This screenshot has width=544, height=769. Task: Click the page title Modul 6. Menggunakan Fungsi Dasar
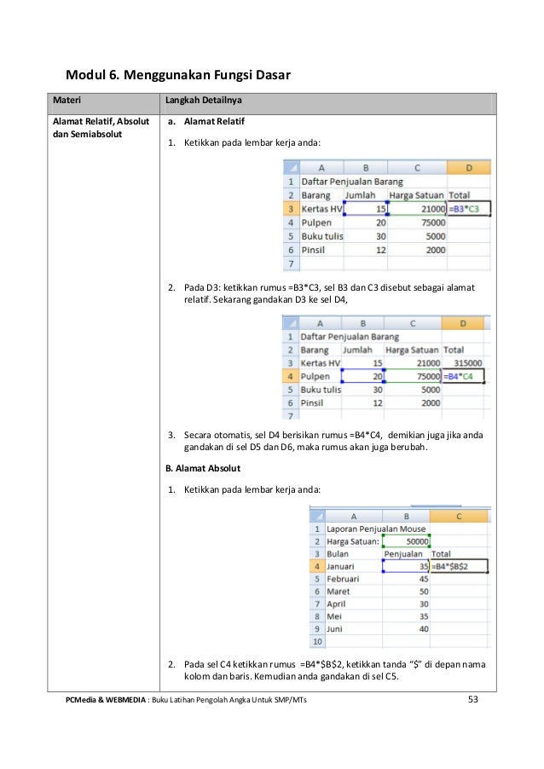[x=179, y=75]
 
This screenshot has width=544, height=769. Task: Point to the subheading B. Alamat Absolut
[x=203, y=468]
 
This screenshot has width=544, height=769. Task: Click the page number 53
[x=476, y=701]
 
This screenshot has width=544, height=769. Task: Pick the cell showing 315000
[x=466, y=362]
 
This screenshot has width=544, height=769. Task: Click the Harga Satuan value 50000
[x=406, y=541]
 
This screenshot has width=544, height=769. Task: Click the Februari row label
[x=344, y=578]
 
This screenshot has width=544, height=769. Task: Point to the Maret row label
[x=340, y=591]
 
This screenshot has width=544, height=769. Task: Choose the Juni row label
[x=338, y=628]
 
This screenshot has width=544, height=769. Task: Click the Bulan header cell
[x=338, y=553]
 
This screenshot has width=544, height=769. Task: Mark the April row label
[x=338, y=604]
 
